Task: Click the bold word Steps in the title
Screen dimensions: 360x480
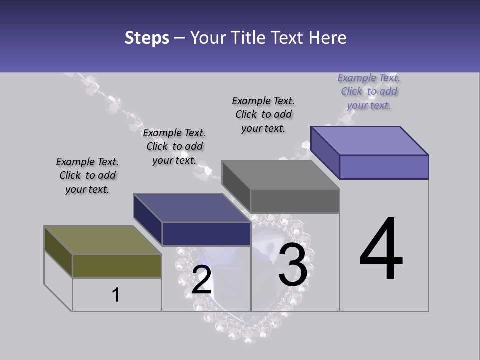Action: (x=147, y=38)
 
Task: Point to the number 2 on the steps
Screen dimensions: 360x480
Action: (x=201, y=280)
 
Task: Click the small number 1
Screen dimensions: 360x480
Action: (x=115, y=295)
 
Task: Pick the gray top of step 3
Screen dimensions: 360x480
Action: (x=280, y=174)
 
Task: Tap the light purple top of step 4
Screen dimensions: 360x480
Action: (x=369, y=140)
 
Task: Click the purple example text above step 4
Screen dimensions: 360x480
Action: (x=369, y=91)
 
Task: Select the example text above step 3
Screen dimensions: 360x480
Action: (x=263, y=114)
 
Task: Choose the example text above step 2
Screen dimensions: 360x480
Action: (x=174, y=146)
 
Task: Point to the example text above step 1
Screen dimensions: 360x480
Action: (x=87, y=175)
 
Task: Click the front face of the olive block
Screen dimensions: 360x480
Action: (x=117, y=266)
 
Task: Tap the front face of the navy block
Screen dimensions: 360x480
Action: (x=206, y=234)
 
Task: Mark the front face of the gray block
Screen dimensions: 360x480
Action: (x=295, y=201)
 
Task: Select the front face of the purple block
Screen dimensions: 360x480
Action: (x=384, y=167)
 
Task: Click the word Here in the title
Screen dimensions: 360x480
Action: (x=328, y=38)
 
